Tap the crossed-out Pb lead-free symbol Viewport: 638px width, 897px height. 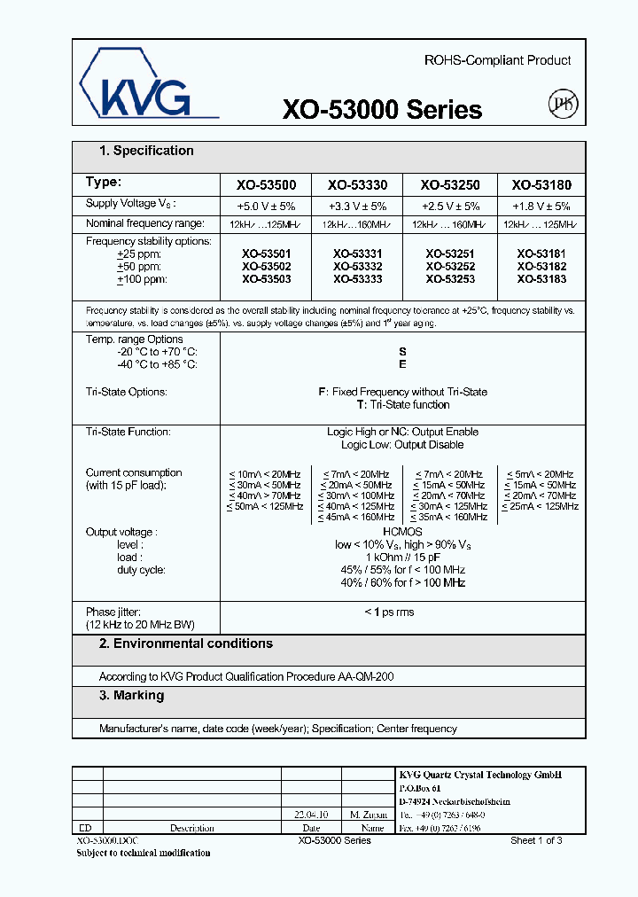(x=564, y=105)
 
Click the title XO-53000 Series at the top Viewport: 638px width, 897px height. (x=382, y=110)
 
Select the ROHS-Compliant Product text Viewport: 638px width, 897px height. (x=497, y=60)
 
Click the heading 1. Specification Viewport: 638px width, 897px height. (x=146, y=151)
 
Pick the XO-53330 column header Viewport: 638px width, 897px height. (x=358, y=185)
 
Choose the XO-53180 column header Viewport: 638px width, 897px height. (x=541, y=185)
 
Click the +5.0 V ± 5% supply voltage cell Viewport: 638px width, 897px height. (x=266, y=205)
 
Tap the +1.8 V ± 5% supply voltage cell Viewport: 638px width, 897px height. (x=541, y=205)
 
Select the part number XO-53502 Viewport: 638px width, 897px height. (x=266, y=266)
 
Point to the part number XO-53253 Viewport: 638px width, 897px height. (x=450, y=278)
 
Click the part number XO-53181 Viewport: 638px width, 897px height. (x=541, y=253)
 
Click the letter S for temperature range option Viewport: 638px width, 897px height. (x=403, y=352)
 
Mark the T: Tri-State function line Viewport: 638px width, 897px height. (x=403, y=404)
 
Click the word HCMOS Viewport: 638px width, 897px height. (x=403, y=531)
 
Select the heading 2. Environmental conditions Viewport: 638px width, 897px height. (x=185, y=643)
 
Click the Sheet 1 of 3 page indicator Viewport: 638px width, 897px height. (x=536, y=840)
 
